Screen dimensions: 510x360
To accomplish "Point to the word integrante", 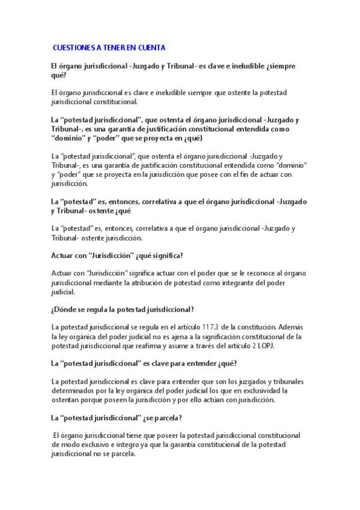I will (x=246, y=283).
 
